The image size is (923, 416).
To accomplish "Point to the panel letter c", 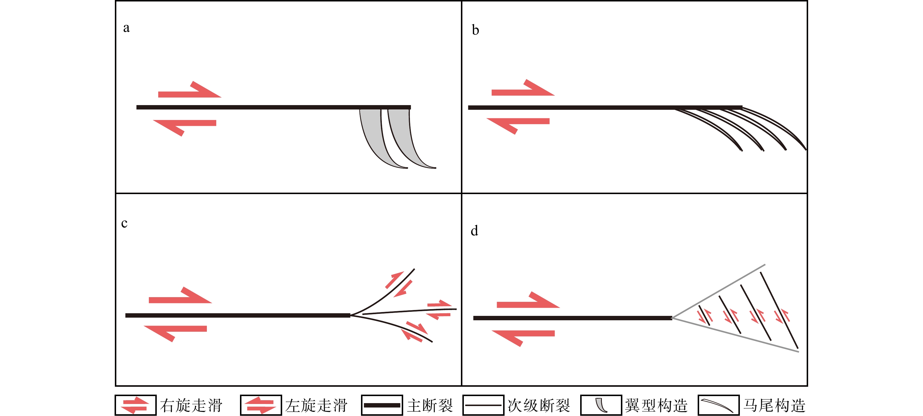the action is point(124,223).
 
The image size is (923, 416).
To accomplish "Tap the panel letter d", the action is point(474,231).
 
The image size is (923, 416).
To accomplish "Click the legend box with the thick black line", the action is point(382,405).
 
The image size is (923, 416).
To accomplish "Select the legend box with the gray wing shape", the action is point(601,405).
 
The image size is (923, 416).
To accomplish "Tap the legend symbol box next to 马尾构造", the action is point(719,405).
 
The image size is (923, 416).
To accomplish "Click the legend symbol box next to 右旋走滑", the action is point(135,405).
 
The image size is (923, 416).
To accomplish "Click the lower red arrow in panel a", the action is point(185,127).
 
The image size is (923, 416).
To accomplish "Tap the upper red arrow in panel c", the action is point(180,295).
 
